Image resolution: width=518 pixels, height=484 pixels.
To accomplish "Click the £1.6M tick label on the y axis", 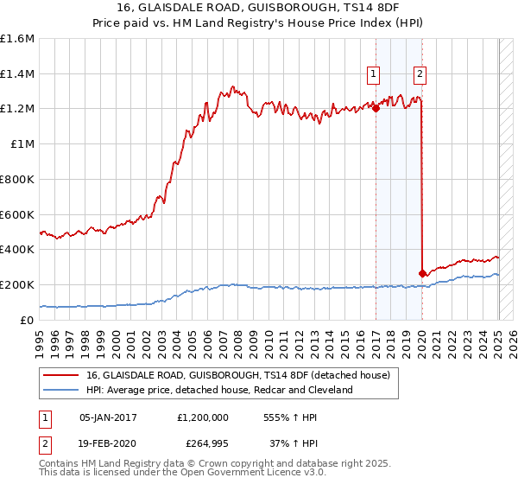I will point(17,39).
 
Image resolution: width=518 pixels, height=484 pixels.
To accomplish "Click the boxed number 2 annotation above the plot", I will point(420,74).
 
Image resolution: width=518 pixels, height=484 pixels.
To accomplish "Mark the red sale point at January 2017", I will point(376,108).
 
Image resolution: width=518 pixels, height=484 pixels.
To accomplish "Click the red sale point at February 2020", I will point(422,273).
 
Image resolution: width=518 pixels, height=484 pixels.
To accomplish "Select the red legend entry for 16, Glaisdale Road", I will point(237,375).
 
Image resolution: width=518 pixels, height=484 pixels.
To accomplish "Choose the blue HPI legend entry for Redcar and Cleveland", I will point(219,390).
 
